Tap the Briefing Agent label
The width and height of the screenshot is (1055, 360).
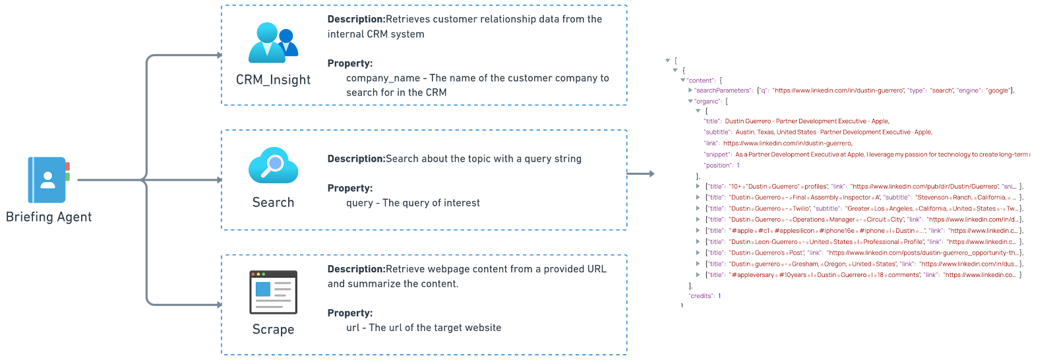pos(49,217)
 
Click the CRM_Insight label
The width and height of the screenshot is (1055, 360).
pos(273,80)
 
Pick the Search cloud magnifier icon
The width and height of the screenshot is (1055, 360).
pos(273,165)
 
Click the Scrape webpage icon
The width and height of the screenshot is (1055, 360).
pos(273,291)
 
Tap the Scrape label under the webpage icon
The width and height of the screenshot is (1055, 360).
pos(273,329)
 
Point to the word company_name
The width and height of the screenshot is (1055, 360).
pos(383,78)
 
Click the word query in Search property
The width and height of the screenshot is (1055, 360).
pos(359,202)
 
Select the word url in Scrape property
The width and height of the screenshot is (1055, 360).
pos(353,328)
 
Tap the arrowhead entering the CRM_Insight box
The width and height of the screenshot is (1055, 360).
pos(220,55)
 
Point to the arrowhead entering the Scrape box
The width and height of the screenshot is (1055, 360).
pos(220,305)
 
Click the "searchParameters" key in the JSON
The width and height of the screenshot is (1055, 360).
pos(713,90)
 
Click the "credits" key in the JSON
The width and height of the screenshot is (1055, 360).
pos(701,296)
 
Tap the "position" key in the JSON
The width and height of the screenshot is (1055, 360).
pos(718,165)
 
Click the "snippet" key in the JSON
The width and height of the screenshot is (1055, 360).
pos(717,154)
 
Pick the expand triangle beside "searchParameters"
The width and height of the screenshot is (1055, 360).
pos(690,90)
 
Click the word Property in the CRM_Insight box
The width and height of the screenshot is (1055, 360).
pos(349,63)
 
